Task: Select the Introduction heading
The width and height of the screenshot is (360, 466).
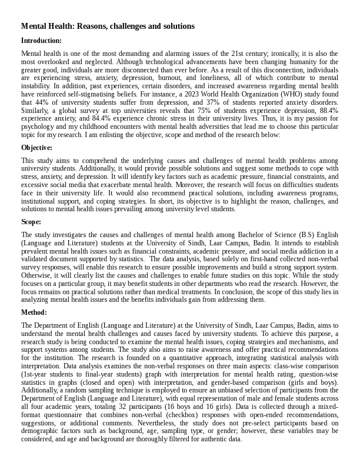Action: (x=41, y=41)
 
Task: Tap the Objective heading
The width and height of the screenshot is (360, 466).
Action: (x=36, y=148)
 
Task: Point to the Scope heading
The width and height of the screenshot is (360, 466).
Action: (x=31, y=222)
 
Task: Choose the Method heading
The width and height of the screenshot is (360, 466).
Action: (x=34, y=312)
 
